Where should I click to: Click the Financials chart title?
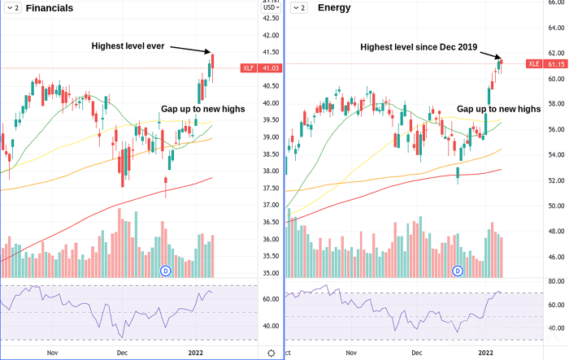click(x=49, y=8)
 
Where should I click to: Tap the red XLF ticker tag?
click(x=249, y=67)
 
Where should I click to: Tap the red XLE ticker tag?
click(x=533, y=63)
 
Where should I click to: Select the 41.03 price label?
click(x=270, y=67)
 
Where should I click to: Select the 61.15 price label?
click(x=555, y=63)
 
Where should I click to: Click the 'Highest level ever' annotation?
click(x=128, y=46)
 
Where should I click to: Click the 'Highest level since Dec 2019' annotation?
click(x=418, y=47)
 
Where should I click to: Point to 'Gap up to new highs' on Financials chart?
click(x=202, y=108)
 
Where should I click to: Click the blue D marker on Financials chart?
click(x=166, y=270)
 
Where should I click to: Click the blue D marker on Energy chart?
click(x=458, y=270)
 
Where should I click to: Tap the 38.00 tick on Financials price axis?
click(x=270, y=171)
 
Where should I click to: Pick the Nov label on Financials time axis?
click(x=53, y=353)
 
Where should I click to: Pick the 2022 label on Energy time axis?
click(x=486, y=353)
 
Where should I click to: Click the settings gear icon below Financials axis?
click(x=271, y=353)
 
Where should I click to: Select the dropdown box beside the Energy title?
click(x=298, y=8)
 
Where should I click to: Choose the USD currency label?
click(x=270, y=17)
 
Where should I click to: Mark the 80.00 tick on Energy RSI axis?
click(x=554, y=281)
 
